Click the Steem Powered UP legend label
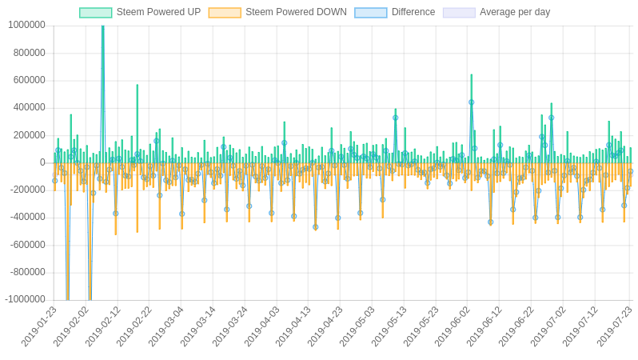[158, 12]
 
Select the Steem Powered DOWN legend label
[296, 12]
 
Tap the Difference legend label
[413, 12]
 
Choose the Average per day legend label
[515, 12]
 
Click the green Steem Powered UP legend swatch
[96, 13]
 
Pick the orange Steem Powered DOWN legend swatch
[225, 13]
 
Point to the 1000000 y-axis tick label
[26, 25]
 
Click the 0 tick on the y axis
[42, 162]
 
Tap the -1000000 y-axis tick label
[25, 299]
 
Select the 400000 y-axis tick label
[29, 107]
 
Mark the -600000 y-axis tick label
[27, 245]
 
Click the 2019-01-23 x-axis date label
[39, 326]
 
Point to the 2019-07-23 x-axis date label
[613, 326]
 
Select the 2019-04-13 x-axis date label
[294, 326]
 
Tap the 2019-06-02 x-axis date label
[453, 326]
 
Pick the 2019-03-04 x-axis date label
[166, 326]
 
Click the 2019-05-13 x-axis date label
[389, 326]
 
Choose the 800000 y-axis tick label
[29, 53]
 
